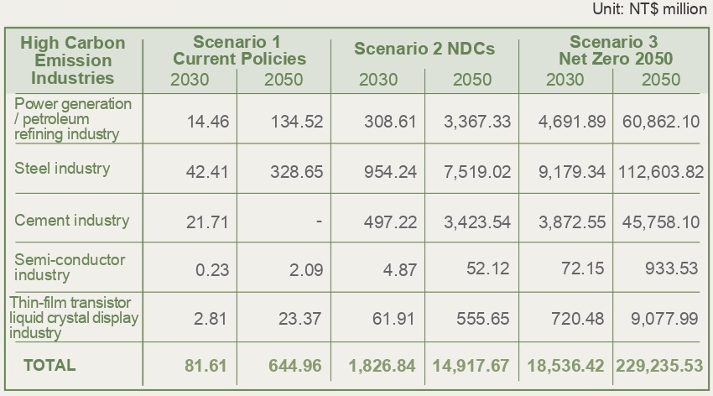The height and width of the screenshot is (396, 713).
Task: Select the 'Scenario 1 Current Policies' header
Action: click(239, 50)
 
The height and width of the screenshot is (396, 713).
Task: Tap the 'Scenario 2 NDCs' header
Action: click(424, 49)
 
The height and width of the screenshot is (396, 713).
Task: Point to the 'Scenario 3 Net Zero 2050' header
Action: click(614, 50)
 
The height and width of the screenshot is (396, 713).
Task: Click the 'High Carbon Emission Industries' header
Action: click(72, 60)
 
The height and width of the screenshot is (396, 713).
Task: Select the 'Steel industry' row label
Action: click(62, 168)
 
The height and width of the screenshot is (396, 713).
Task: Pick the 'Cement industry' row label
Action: click(72, 221)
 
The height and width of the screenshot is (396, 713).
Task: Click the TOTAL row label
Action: click(49, 365)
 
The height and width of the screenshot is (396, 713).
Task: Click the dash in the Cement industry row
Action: click(320, 221)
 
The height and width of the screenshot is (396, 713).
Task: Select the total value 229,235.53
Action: click(660, 367)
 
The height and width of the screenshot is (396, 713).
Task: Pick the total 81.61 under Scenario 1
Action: click(206, 367)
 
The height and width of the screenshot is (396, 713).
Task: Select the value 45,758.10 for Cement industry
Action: click(661, 221)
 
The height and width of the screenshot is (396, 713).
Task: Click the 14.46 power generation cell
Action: click(207, 122)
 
